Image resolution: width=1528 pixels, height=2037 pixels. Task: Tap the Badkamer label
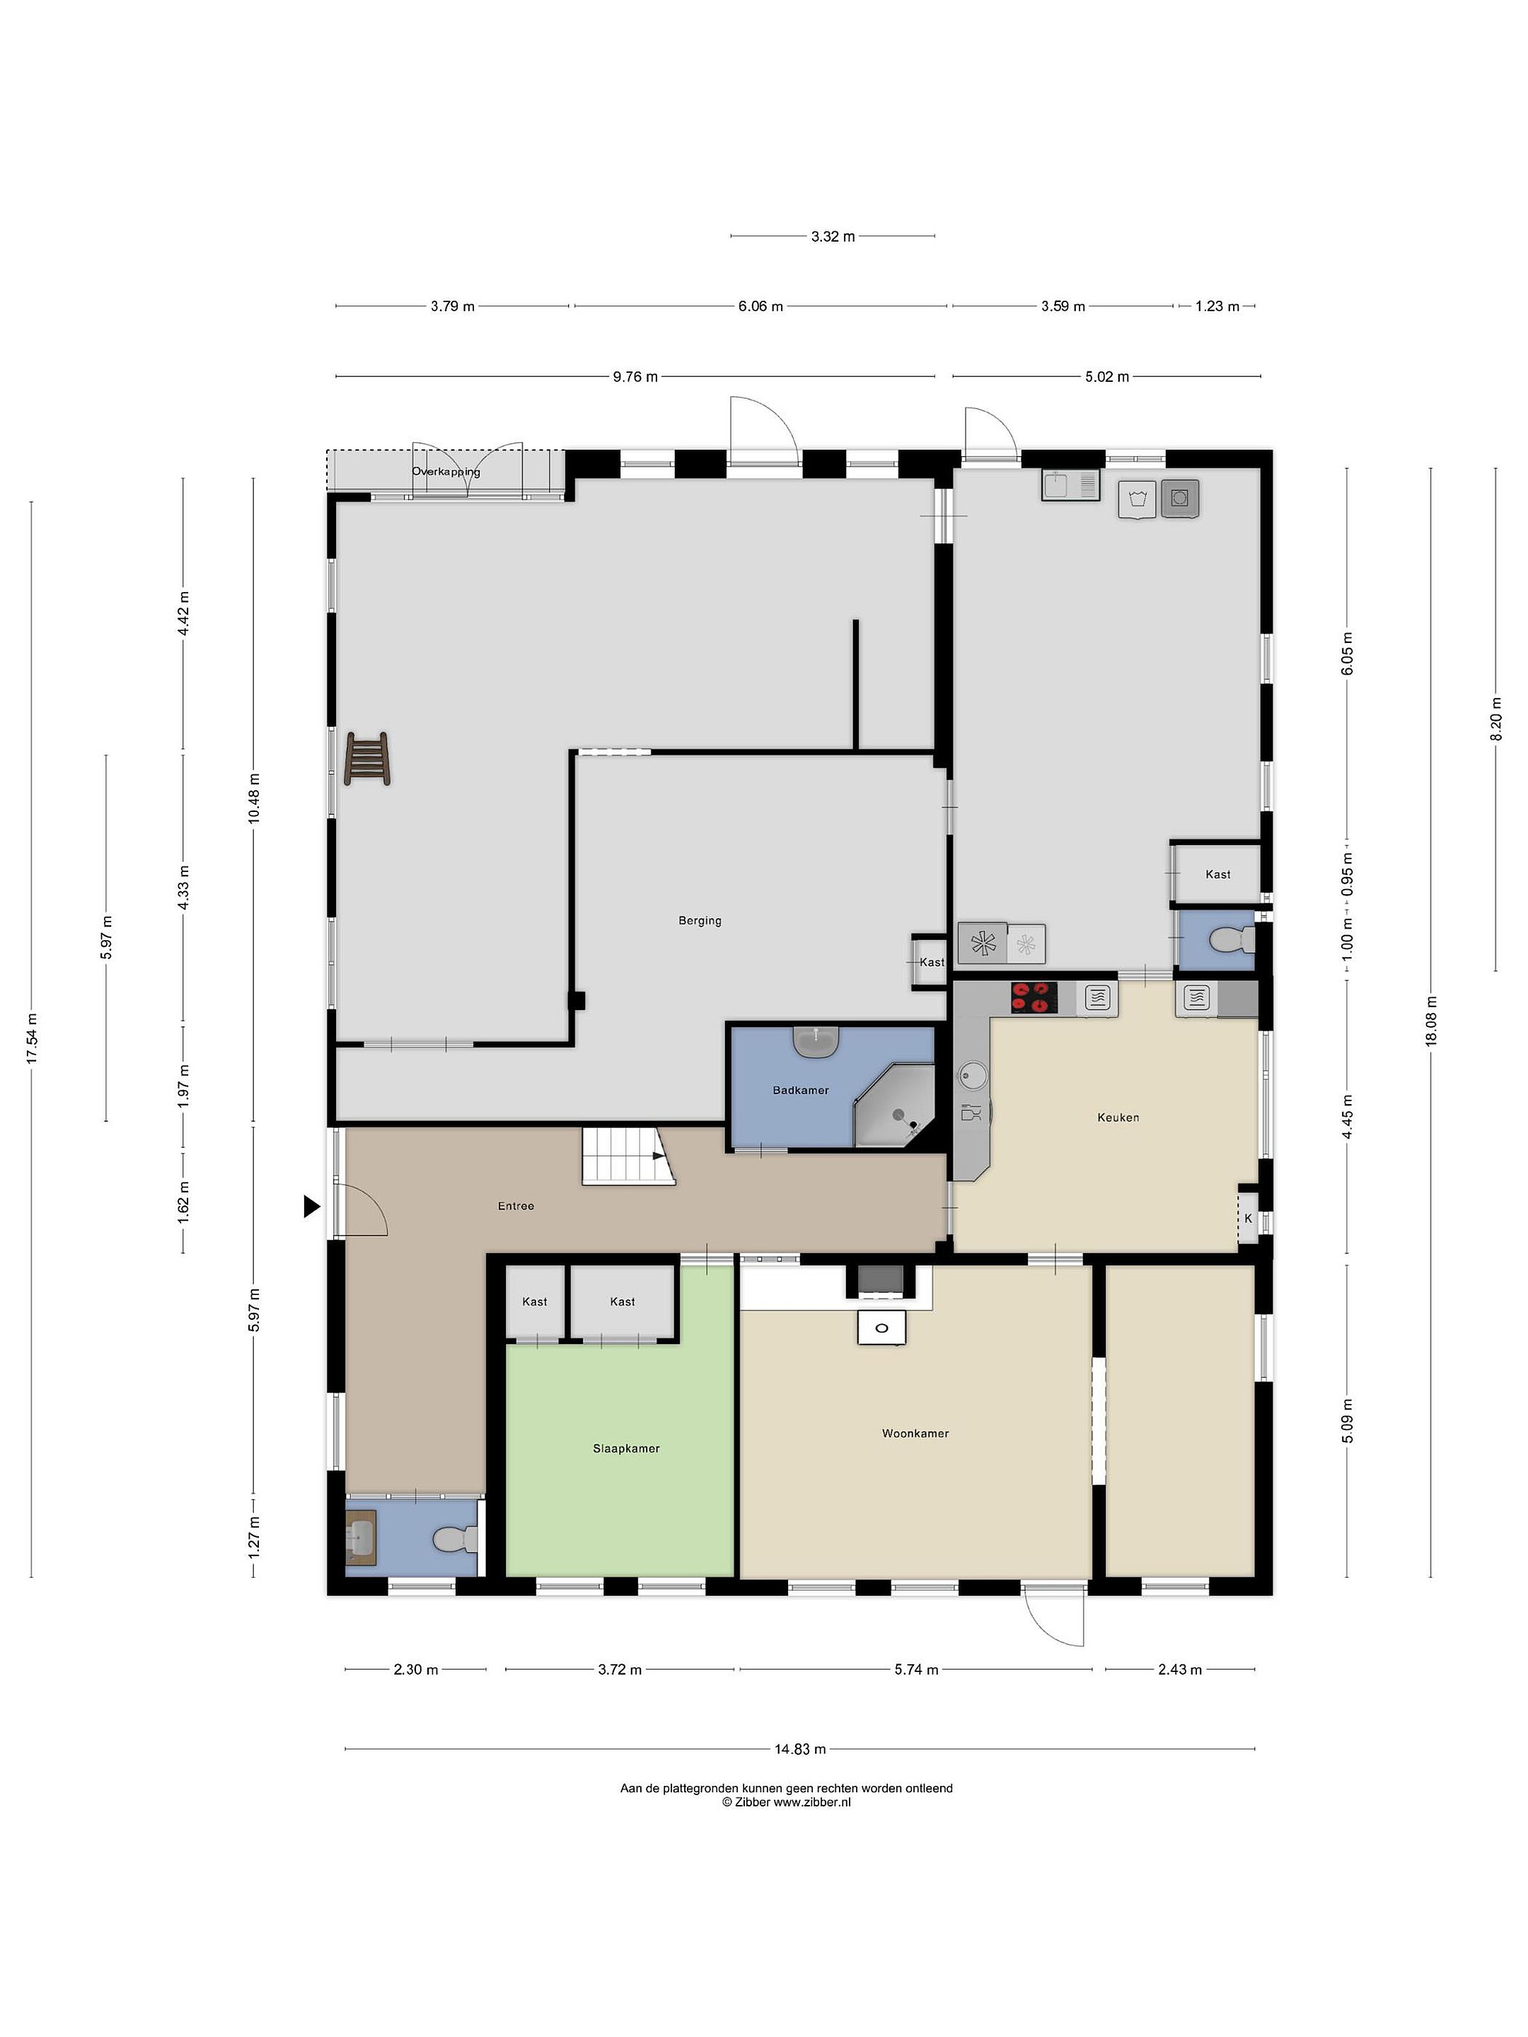click(800, 1089)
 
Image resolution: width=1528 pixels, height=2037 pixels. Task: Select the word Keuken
click(1118, 1117)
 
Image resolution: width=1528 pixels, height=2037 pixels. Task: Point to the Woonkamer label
click(915, 1433)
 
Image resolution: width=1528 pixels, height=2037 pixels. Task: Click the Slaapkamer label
click(625, 1448)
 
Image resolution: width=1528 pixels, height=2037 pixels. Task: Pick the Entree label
click(516, 1205)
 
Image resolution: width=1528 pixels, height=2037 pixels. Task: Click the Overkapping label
click(446, 472)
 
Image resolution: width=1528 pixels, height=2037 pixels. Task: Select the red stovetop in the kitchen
click(1034, 997)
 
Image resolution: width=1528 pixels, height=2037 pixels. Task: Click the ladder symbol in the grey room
click(366, 758)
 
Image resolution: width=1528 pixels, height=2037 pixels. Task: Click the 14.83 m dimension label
click(799, 1748)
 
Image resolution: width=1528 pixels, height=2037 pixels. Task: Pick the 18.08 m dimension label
click(1430, 1021)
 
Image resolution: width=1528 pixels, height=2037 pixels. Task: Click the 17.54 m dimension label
click(31, 1039)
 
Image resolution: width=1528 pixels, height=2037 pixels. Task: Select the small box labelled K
click(1248, 1217)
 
